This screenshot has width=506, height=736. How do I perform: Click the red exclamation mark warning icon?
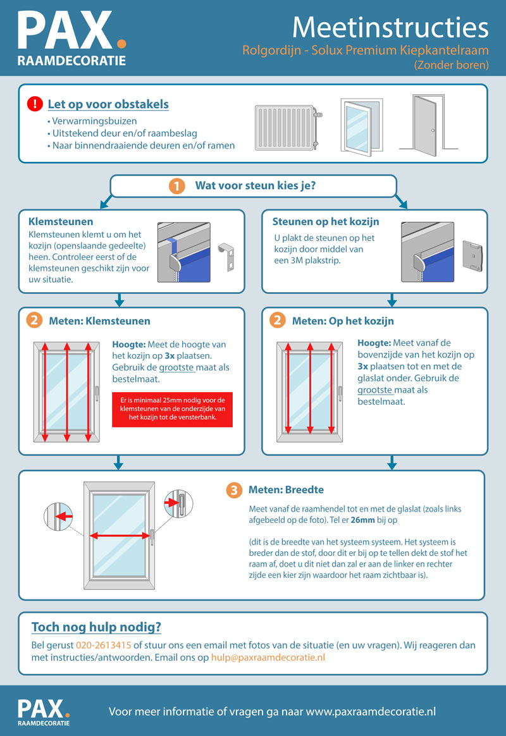tap(35, 104)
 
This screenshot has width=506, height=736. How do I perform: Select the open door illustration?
tap(428, 125)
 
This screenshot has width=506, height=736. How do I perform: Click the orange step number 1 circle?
tap(176, 187)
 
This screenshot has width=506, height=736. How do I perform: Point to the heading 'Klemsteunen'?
tap(61, 221)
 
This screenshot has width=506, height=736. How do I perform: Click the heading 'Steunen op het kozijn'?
tap(326, 221)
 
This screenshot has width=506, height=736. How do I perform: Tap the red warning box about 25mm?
tap(172, 409)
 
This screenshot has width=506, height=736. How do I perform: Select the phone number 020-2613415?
tap(103, 645)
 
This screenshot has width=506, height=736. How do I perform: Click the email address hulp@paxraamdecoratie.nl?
tap(268, 657)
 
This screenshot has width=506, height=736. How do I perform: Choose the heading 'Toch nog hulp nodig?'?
tap(96, 627)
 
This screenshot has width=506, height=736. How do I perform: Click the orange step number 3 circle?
tap(234, 490)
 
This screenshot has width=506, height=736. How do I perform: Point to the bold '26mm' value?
tap(363, 520)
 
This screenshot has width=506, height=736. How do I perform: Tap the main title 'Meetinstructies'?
tap(390, 27)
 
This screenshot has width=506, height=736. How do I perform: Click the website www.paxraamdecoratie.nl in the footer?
tap(371, 711)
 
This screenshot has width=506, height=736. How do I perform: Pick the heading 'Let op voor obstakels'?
tap(108, 104)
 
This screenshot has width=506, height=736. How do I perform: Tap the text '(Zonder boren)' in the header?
tap(451, 64)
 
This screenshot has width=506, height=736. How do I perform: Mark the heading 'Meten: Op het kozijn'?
tap(343, 321)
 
